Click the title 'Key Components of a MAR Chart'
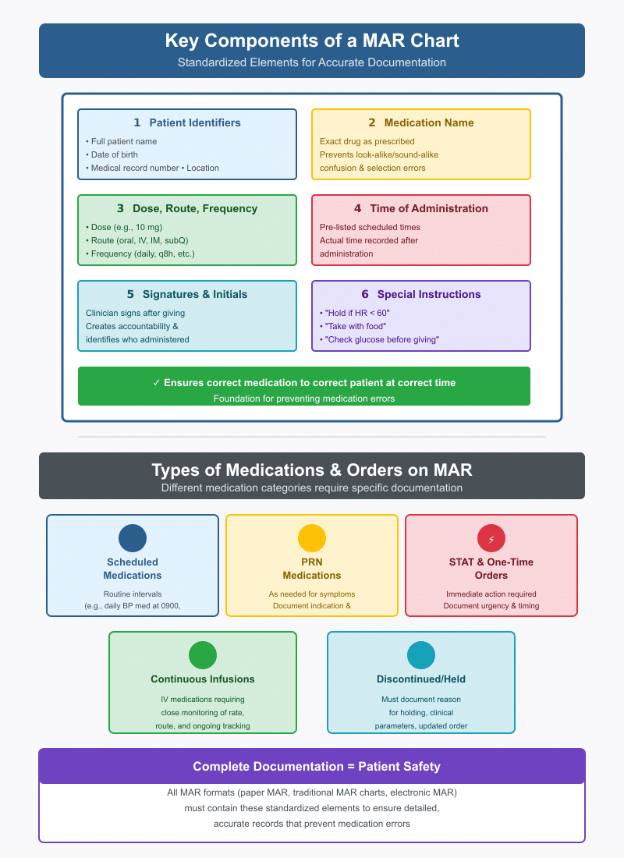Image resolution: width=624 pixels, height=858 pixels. [312, 41]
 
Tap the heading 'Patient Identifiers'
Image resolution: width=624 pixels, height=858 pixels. [194, 122]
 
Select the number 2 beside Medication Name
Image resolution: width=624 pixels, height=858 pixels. [372, 122]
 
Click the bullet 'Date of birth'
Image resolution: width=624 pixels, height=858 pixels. [114, 154]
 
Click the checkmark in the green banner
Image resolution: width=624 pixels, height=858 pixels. [157, 383]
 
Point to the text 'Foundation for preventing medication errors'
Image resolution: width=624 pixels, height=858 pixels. [304, 399]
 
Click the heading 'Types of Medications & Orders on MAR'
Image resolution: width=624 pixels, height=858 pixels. [312, 470]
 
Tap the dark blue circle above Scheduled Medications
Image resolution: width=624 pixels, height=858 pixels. [133, 538]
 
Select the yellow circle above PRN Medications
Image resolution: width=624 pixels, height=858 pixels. [312, 538]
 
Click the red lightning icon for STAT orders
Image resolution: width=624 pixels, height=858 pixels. [491, 538]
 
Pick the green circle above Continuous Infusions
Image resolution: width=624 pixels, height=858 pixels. [203, 654]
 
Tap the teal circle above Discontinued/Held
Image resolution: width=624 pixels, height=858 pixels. [421, 654]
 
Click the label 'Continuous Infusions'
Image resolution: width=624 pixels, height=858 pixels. [203, 679]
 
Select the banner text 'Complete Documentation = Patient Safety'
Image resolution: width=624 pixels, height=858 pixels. [312, 766]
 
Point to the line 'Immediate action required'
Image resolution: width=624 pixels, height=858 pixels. [491, 594]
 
